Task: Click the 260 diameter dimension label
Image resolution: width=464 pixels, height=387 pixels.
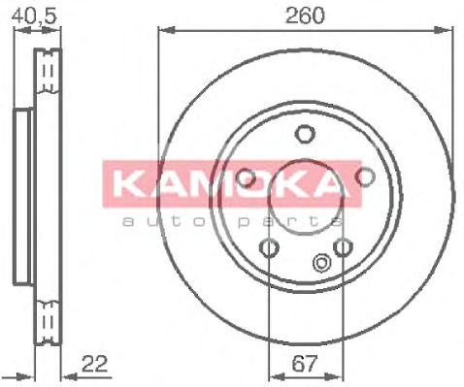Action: click(x=304, y=16)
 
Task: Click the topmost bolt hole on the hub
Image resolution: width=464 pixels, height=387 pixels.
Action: click(x=305, y=134)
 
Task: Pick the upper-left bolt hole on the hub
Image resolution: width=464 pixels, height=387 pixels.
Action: click(x=246, y=177)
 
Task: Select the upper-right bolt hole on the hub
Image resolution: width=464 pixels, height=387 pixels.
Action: click(x=365, y=177)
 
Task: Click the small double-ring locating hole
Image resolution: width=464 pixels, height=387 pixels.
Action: click(x=321, y=261)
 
